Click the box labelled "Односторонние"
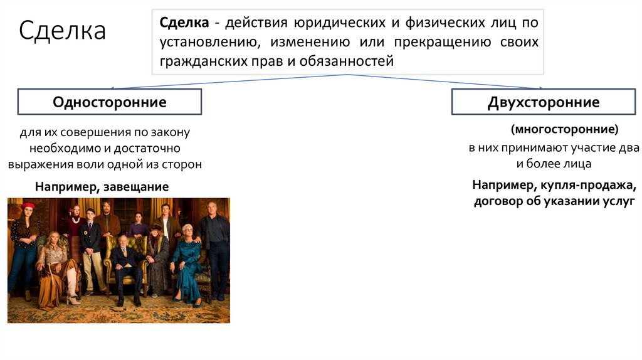(x=109, y=102)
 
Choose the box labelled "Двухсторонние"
(x=544, y=102)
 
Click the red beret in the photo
(x=28, y=206)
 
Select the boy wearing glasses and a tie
(x=91, y=245)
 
